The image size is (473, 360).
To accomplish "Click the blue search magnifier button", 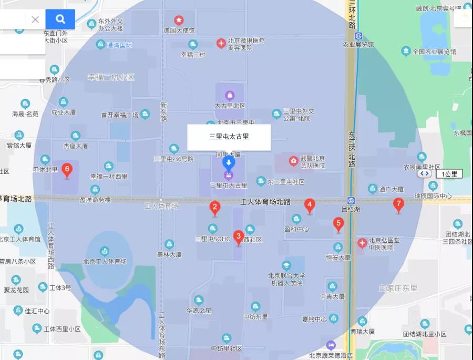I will [x=60, y=19].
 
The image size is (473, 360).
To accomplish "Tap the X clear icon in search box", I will [x=35, y=19].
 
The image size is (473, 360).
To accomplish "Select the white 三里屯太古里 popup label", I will [x=229, y=137].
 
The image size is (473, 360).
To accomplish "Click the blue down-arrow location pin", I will [x=229, y=162].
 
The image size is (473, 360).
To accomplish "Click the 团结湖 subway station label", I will [x=350, y=209].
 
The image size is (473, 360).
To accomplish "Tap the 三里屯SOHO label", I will [x=213, y=239].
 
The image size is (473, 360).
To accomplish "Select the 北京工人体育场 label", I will [x=105, y=261].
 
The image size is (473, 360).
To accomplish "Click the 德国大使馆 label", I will [x=179, y=31].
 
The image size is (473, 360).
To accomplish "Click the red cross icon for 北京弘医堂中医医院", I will [x=362, y=243].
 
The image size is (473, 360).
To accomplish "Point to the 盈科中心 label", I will [x=296, y=229].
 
